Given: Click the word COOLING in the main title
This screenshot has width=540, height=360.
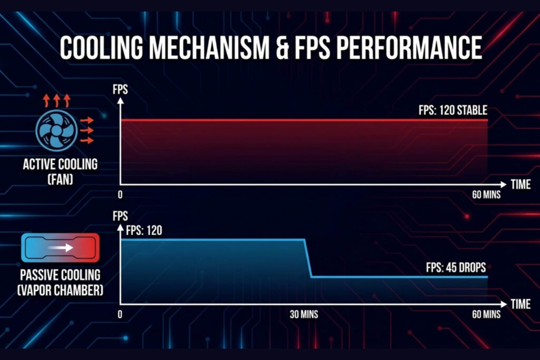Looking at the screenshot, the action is pyautogui.click(x=102, y=47).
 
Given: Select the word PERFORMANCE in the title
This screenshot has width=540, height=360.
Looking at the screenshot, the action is pyautogui.click(x=409, y=47).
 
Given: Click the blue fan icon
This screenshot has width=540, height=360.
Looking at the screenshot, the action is pyautogui.click(x=56, y=130).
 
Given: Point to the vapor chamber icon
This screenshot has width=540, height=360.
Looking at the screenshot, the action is pyautogui.click(x=60, y=248).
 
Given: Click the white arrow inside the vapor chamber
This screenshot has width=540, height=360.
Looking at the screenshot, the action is pyautogui.click(x=61, y=248).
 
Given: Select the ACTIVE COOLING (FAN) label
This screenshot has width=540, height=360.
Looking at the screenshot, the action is pyautogui.click(x=60, y=171).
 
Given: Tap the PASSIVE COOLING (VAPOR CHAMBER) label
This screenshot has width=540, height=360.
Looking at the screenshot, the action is pyautogui.click(x=60, y=283).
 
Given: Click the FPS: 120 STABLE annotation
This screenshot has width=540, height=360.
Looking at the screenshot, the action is pyautogui.click(x=453, y=110).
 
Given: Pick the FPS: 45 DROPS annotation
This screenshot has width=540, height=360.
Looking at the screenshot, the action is pyautogui.click(x=456, y=267).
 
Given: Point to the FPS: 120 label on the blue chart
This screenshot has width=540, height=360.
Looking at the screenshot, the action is pyautogui.click(x=144, y=230).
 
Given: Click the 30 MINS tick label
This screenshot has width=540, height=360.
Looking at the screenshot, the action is pyautogui.click(x=304, y=314).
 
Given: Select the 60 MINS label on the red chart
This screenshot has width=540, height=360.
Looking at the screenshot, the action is pyautogui.click(x=486, y=195).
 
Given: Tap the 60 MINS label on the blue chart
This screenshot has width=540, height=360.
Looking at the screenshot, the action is pyautogui.click(x=486, y=314).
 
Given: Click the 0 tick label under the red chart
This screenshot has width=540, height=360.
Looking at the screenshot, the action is pyautogui.click(x=120, y=195).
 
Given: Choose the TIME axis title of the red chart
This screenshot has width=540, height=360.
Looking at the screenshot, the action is pyautogui.click(x=520, y=184).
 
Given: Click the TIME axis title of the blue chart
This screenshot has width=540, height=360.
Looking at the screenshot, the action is pyautogui.click(x=520, y=304).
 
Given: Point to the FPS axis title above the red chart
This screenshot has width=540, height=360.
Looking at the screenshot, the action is pyautogui.click(x=120, y=90).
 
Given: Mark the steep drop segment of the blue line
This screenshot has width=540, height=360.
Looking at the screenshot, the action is pyautogui.click(x=308, y=258).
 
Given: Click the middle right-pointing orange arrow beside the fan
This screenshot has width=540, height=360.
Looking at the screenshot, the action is pyautogui.click(x=87, y=130).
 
